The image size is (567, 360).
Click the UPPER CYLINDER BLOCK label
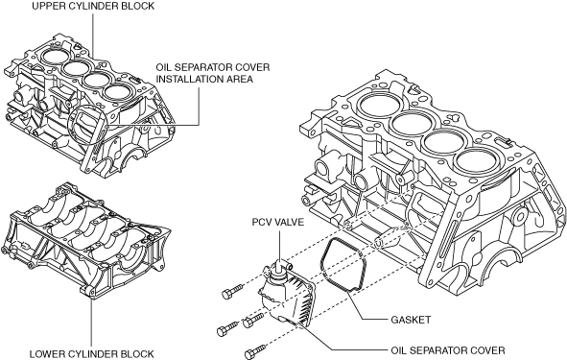93,6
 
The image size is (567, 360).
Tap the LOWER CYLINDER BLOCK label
91,353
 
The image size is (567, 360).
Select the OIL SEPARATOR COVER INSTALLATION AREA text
213,73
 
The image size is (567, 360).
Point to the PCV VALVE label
278,222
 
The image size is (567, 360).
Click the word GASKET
411,320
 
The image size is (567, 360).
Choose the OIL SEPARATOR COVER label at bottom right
448,350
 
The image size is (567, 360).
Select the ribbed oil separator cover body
287,297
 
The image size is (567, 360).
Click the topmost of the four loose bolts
232,291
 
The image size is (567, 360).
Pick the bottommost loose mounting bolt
255,351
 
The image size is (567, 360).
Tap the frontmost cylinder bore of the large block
478,160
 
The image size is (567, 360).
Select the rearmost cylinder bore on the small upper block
55,56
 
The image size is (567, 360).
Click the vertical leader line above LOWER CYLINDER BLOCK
91,321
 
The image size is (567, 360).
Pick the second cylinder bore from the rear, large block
412,122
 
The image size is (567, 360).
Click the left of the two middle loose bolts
227,328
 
